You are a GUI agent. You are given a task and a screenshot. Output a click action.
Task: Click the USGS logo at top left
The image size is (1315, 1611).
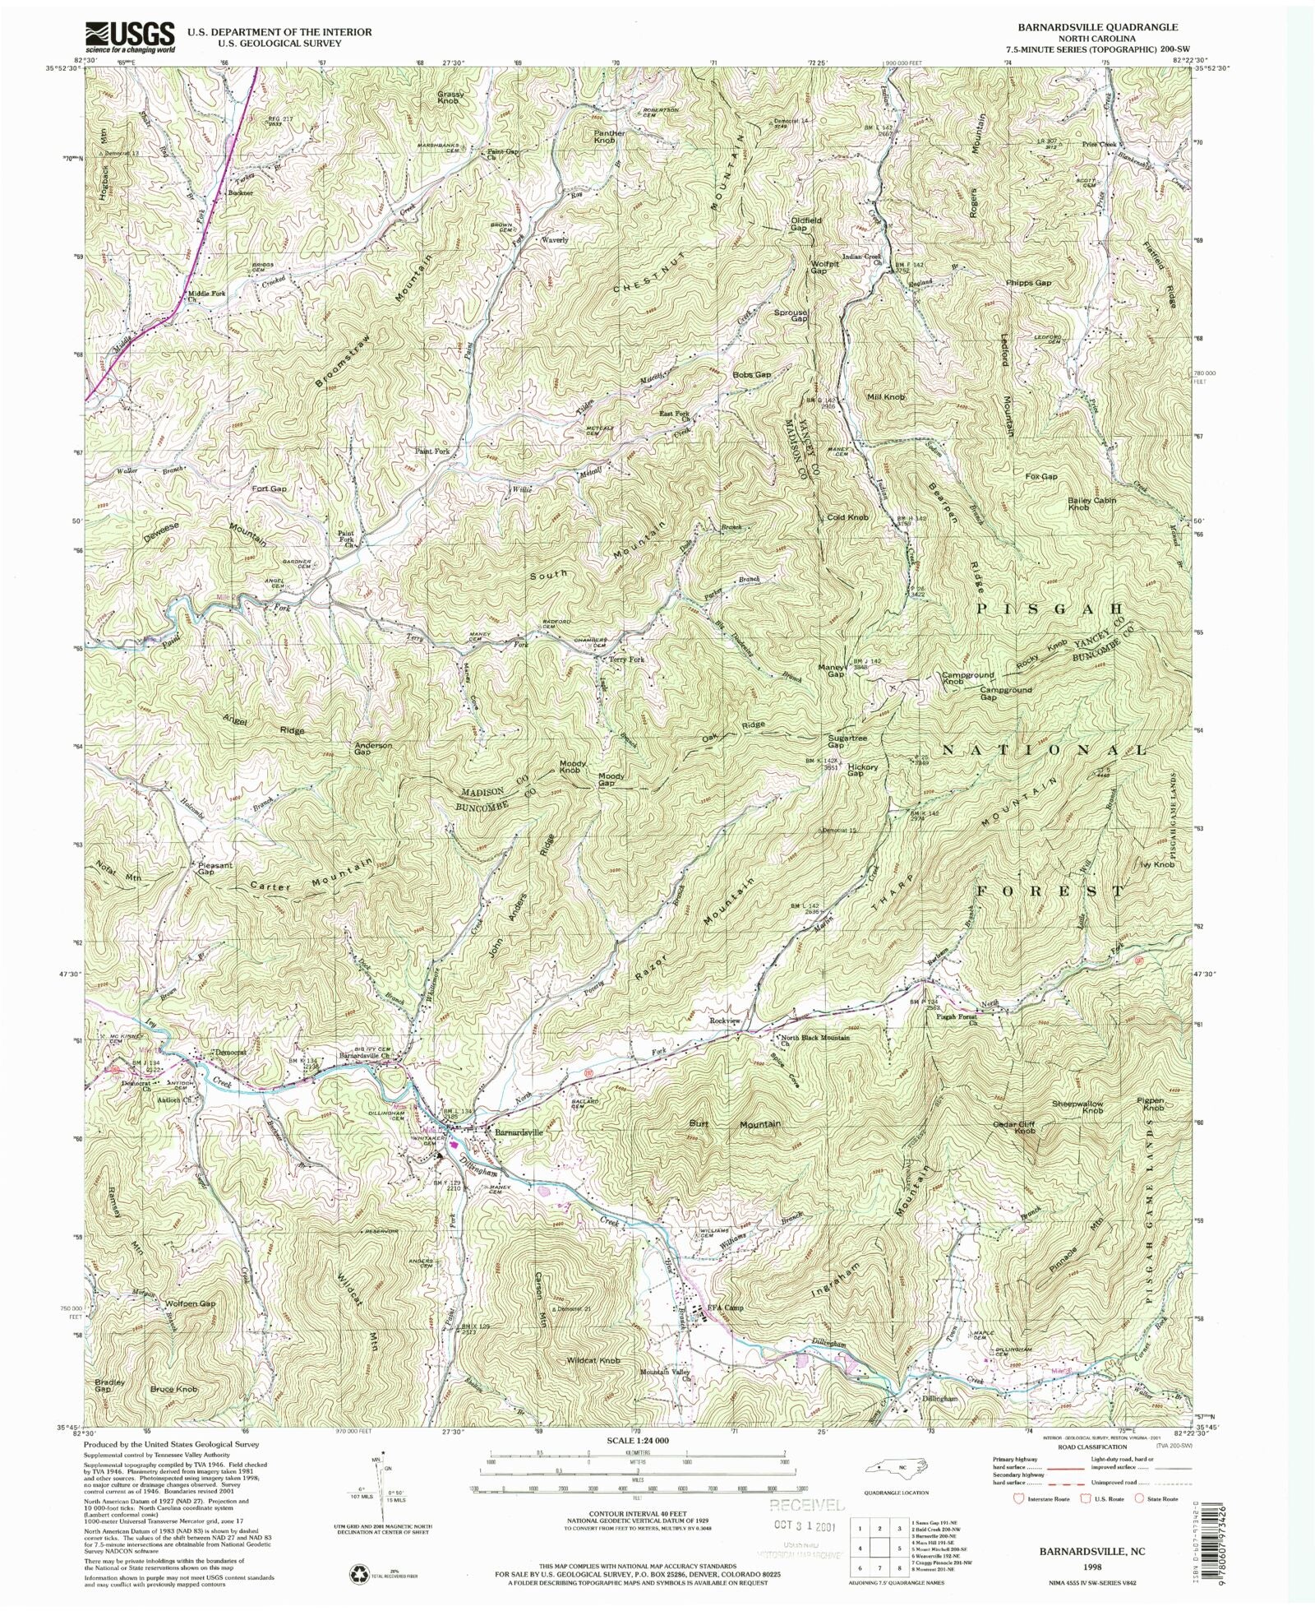coord(130,36)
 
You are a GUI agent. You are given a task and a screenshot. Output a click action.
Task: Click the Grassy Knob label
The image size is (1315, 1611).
coord(451,97)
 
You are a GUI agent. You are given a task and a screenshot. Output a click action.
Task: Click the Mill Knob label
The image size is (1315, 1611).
coord(886,397)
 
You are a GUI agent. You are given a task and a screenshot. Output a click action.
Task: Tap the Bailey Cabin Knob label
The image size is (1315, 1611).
coord(1091,503)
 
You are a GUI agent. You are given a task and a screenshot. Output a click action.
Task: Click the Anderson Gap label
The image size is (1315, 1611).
coord(373,749)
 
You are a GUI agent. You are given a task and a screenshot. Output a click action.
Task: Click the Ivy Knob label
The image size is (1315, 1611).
coord(1156,865)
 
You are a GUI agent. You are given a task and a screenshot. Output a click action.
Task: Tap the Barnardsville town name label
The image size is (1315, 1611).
coord(518,1132)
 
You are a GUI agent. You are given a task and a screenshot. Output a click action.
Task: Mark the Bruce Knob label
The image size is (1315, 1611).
coord(173,1389)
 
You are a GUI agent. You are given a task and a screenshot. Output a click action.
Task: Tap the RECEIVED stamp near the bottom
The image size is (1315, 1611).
coord(805,1505)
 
